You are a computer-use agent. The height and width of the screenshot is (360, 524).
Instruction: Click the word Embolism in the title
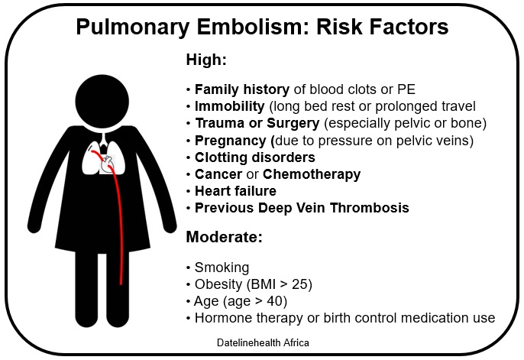point(251,27)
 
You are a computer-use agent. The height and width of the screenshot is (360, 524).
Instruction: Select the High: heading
point(206,60)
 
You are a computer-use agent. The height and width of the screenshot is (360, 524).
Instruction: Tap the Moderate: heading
point(225,237)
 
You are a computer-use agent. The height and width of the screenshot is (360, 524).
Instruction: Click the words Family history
point(242,89)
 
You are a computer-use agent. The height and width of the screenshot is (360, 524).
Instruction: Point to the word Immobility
point(230,106)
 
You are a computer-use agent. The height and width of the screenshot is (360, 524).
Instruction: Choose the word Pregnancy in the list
point(230,141)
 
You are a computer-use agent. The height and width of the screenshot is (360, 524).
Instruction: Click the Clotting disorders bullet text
point(255,157)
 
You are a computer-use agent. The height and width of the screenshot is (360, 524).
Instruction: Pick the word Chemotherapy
point(312,174)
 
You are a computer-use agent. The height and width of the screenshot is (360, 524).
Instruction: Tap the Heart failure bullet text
point(235,191)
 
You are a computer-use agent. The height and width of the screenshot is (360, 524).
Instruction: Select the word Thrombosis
point(369,208)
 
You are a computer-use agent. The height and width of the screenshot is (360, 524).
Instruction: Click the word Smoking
point(222,268)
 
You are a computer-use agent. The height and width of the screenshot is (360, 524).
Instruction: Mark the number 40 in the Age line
point(275,301)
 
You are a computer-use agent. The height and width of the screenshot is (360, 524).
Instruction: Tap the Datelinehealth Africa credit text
point(263,343)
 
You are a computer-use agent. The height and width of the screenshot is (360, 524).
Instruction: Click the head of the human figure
point(102,102)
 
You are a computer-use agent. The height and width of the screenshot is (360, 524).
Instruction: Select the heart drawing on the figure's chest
point(108,164)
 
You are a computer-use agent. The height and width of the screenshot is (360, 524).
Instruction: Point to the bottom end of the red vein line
point(121,284)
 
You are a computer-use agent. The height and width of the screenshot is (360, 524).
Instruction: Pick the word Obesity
point(218,284)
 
